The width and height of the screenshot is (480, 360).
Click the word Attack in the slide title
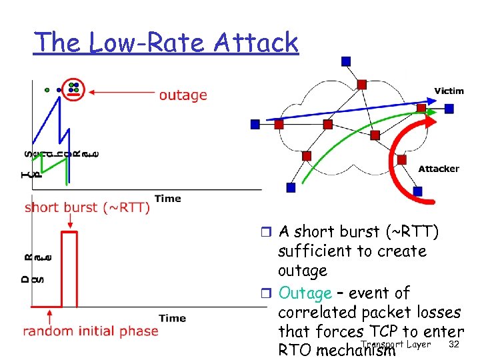pyautogui.click(x=256, y=43)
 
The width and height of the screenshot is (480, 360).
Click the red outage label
pyautogui.click(x=183, y=95)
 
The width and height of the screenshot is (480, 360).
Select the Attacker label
pyautogui.click(x=438, y=169)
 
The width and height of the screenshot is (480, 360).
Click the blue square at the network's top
pyautogui.click(x=345, y=61)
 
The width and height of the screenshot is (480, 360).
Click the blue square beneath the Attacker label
pyautogui.click(x=417, y=191)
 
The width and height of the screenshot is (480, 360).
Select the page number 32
pyautogui.click(x=455, y=344)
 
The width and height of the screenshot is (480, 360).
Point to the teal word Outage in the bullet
pyautogui.click(x=305, y=293)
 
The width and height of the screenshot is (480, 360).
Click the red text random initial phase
pyautogui.click(x=91, y=331)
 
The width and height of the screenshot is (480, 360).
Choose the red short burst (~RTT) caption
pyautogui.click(x=87, y=207)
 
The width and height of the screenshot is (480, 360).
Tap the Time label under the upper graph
pyautogui.click(x=167, y=198)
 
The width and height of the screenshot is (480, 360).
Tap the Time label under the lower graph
pyautogui.click(x=172, y=318)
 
